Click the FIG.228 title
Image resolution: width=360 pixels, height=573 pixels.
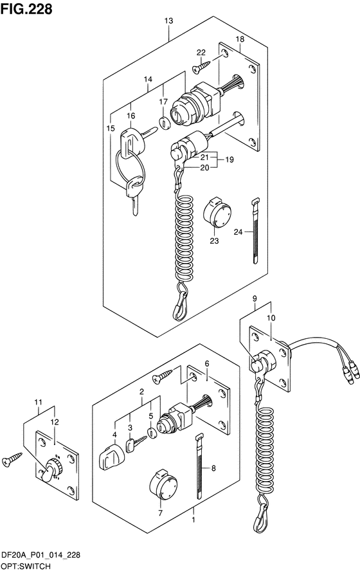(x=26, y=9)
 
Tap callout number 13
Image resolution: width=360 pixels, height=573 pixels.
(x=168, y=21)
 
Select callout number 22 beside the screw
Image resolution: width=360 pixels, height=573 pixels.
(x=201, y=53)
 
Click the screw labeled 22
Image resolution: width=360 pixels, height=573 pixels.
(x=201, y=67)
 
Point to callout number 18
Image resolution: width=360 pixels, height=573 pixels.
(x=240, y=39)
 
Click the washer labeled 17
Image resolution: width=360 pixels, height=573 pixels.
(x=165, y=123)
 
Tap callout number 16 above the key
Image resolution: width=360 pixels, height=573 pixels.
(x=131, y=116)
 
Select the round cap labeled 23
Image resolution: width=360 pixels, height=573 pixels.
(x=217, y=212)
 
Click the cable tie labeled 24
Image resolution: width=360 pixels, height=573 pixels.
(x=256, y=231)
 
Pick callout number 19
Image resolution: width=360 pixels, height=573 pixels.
(x=229, y=159)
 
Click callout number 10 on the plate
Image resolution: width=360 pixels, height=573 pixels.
(x=271, y=318)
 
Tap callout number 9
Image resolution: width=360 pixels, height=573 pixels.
(x=255, y=298)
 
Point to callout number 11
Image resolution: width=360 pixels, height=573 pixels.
(x=39, y=403)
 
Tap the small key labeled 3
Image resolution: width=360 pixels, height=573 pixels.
(x=136, y=443)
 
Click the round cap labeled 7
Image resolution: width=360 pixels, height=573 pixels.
(x=163, y=484)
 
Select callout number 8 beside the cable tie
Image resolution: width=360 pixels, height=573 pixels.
(x=214, y=468)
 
